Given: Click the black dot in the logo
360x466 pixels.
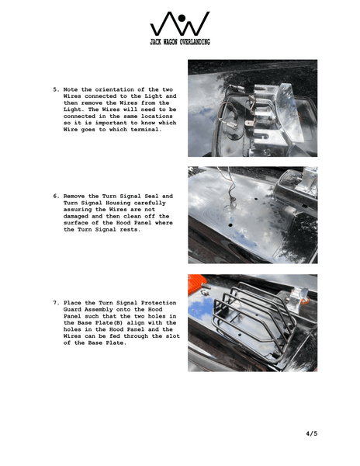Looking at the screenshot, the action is (x=182, y=18).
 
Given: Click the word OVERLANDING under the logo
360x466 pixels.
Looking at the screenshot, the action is (x=194, y=42).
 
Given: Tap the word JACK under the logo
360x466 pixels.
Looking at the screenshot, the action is (x=155, y=42).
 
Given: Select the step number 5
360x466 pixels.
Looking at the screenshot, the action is (x=56, y=89).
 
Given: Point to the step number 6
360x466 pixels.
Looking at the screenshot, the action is (x=56, y=196).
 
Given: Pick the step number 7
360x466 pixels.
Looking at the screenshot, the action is (x=56, y=303).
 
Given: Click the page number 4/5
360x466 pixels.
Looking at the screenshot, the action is (x=312, y=433).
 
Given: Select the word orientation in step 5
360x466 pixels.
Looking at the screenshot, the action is (x=114, y=89).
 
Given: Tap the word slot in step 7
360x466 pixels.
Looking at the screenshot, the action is (x=173, y=336).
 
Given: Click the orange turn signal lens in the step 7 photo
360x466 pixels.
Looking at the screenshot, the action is (x=197, y=283).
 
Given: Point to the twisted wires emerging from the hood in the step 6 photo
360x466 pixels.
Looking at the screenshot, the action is (x=229, y=187).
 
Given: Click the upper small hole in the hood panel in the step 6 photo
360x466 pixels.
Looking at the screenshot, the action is (x=256, y=198).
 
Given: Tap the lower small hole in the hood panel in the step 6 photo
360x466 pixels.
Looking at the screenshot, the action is (x=230, y=225).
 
